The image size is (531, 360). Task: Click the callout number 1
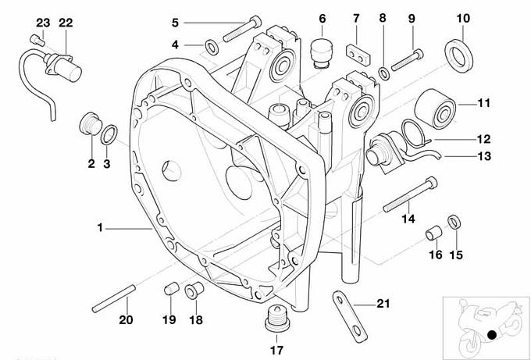click(x=100, y=227)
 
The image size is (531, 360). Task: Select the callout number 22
click(x=66, y=23)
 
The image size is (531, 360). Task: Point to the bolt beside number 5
click(x=241, y=29)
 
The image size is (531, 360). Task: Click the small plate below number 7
click(x=358, y=54)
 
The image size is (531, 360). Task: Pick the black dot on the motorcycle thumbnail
click(x=491, y=335)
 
